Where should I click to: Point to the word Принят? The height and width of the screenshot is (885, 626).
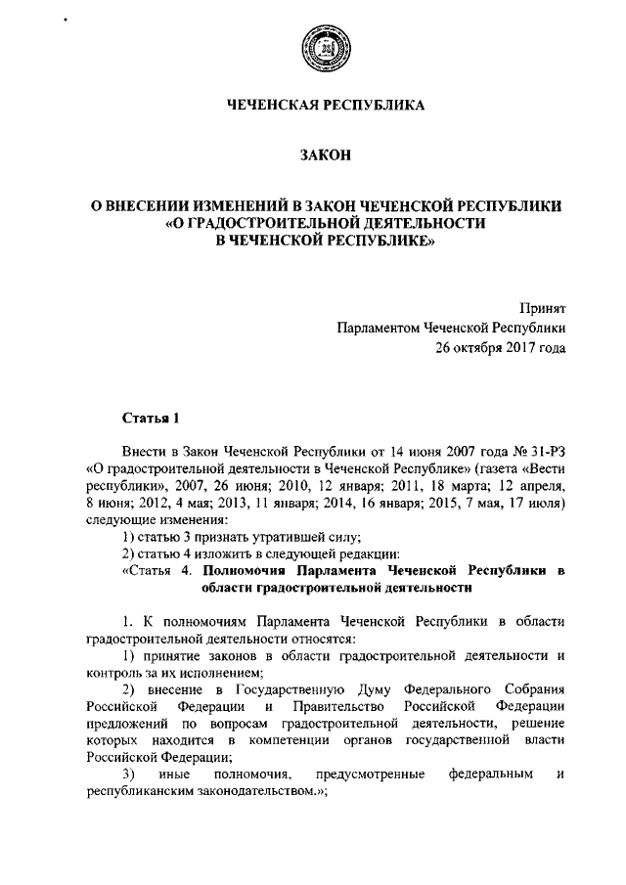coord(546,308)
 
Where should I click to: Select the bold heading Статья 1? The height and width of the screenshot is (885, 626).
coord(151,420)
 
